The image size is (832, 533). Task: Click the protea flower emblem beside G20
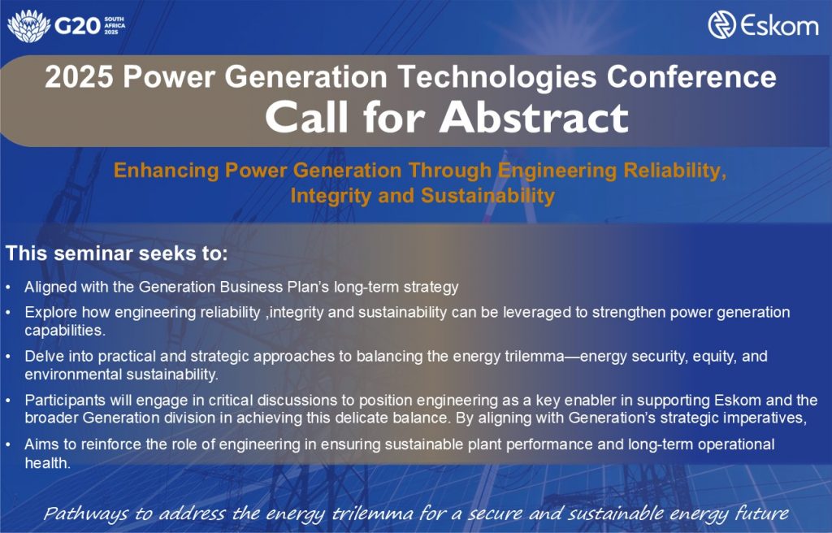coord(28,25)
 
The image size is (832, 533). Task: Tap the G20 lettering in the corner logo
coord(77,26)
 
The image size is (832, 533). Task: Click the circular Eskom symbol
coord(721,25)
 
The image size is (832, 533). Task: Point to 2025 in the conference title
coord(79,76)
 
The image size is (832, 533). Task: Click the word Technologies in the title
coord(496,76)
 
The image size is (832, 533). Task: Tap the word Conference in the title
coord(691,76)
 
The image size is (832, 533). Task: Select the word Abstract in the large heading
coord(534,117)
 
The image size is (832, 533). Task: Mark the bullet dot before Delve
coord(8,356)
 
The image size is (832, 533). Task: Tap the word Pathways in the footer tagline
coord(85,513)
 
